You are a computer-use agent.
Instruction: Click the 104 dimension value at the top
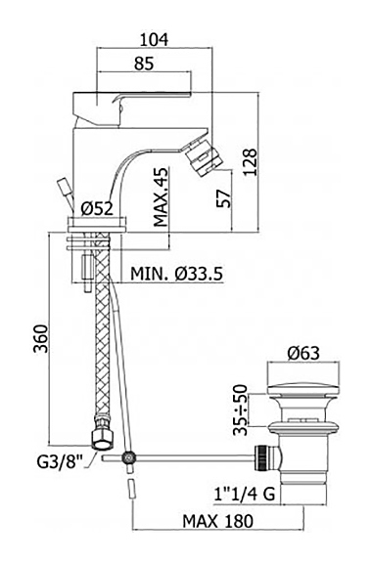[x=154, y=40]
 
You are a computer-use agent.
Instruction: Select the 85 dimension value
[x=144, y=64]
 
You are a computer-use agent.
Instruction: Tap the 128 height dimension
[x=251, y=161]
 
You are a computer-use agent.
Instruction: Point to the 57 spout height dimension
[x=224, y=198]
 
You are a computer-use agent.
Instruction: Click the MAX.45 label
[x=162, y=197]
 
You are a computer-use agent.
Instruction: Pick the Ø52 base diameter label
[x=97, y=208]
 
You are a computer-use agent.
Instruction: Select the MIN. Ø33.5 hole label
[x=176, y=275]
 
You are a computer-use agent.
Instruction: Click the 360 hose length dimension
[x=40, y=339]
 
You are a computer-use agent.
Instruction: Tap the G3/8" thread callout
[x=60, y=462]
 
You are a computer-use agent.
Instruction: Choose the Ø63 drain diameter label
[x=303, y=353]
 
